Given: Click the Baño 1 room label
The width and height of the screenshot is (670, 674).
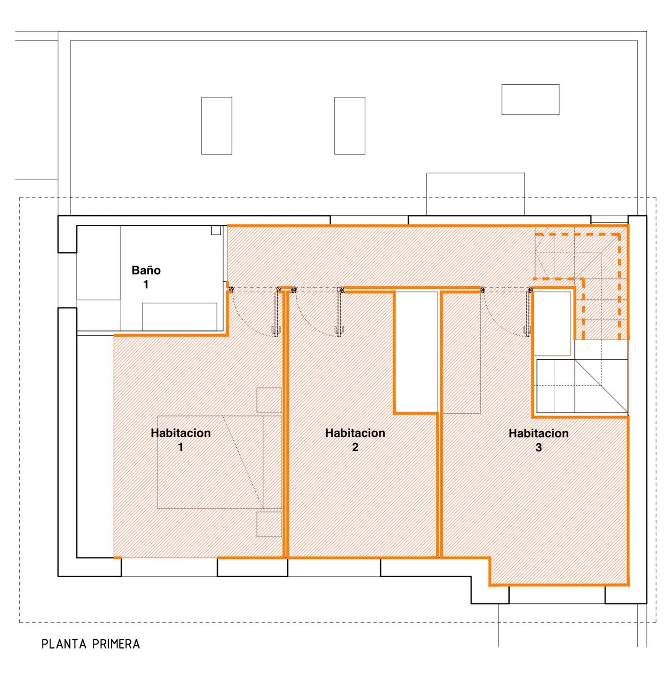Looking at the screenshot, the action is tap(146, 277).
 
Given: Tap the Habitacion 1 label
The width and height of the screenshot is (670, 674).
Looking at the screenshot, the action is tap(180, 440).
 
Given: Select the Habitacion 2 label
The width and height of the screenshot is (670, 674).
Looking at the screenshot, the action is tap(355, 440).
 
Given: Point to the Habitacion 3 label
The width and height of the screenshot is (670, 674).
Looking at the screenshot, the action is tap(539, 440).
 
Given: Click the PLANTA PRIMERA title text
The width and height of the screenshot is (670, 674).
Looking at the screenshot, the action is tap(91, 644).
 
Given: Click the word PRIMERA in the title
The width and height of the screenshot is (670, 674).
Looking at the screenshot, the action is tap(116, 644).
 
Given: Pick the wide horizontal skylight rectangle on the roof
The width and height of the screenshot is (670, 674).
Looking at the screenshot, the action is tap(530, 100).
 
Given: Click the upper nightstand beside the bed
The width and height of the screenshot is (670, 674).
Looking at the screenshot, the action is tap(269, 400).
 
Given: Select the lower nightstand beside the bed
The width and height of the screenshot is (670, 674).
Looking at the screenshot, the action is tap(269, 524).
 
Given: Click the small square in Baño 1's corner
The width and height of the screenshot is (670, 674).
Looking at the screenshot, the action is tap(216, 230).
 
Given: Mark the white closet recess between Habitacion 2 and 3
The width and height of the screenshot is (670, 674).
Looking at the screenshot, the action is tap(416, 352).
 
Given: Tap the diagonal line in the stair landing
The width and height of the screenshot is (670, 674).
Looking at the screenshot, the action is tap(601, 386).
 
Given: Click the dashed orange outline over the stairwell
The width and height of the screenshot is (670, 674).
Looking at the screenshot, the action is tap(620, 286).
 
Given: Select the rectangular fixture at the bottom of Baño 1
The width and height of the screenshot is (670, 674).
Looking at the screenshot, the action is tap(180, 317).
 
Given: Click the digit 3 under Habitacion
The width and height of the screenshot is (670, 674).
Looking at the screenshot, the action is tap(539, 447).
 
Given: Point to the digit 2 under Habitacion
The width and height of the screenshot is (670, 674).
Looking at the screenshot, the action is tap(355, 447).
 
